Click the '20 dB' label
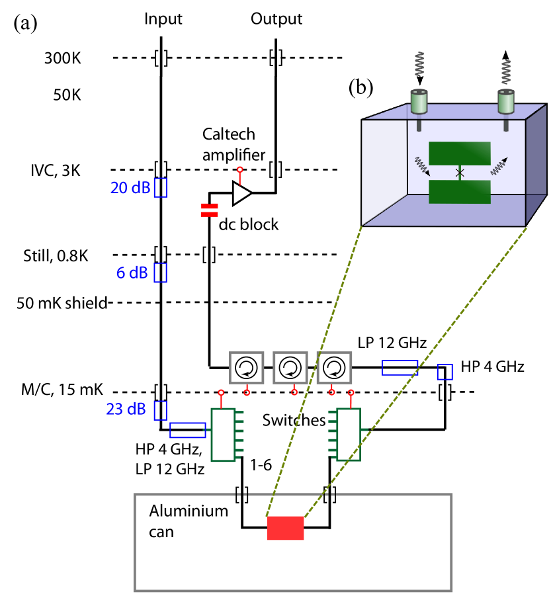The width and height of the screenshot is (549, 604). (130, 189)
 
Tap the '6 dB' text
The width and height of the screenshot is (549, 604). (132, 273)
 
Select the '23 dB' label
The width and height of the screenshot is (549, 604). (126, 410)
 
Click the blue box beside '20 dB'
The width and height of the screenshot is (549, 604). (161, 188)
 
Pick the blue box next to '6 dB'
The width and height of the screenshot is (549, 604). (161, 273)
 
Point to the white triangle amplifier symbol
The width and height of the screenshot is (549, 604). (241, 193)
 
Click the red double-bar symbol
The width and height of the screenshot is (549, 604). (209, 210)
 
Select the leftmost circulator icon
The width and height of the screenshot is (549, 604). (247, 368)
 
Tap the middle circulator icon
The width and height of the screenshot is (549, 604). (290, 368)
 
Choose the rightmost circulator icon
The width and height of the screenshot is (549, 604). (334, 368)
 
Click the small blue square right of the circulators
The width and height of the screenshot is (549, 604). (445, 372)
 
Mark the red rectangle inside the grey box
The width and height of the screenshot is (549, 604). (286, 529)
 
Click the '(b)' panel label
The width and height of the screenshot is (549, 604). (360, 87)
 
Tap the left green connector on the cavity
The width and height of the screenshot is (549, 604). (419, 101)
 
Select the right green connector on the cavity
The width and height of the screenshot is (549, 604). (506, 101)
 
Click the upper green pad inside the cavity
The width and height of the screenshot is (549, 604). (460, 153)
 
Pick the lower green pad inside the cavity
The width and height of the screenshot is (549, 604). (460, 192)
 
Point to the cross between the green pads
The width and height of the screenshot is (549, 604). (460, 173)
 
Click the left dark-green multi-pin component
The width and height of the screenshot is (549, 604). (224, 435)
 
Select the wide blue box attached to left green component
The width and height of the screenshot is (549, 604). (187, 430)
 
